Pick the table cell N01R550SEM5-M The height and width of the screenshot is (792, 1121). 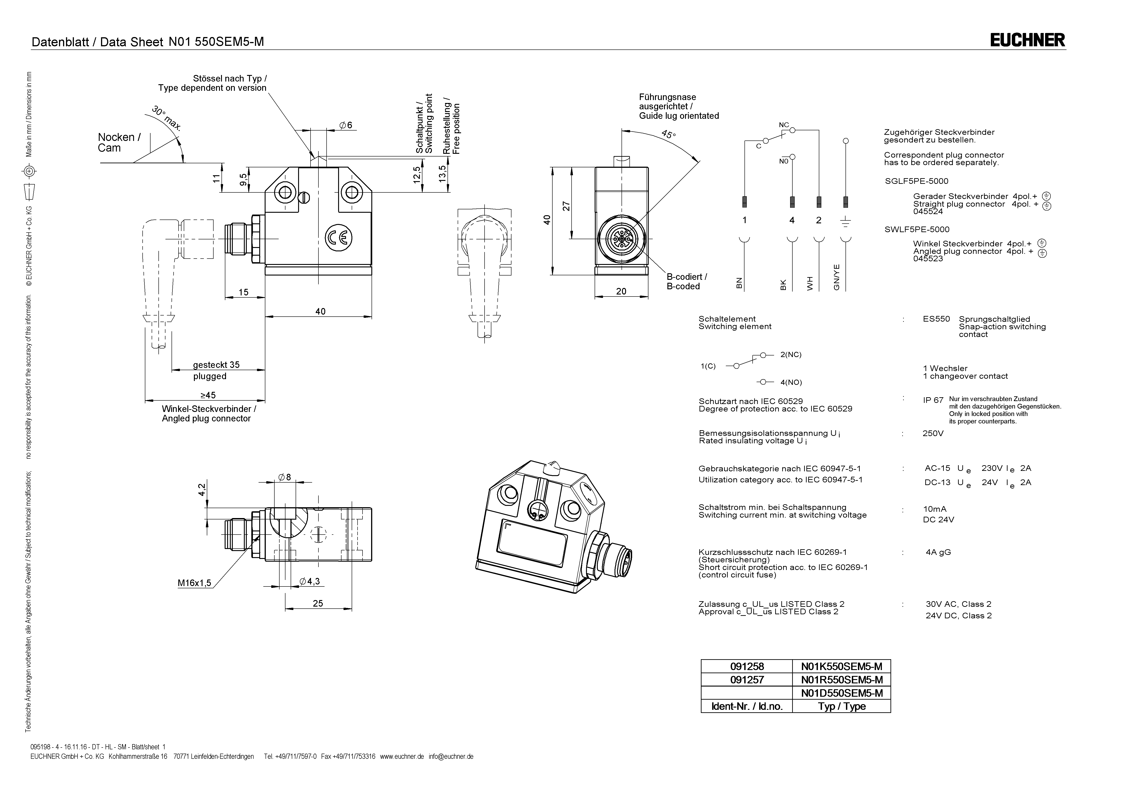[x=842, y=680]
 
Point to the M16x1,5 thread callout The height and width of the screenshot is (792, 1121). [x=194, y=583]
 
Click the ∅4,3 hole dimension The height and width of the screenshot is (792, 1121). [x=310, y=581]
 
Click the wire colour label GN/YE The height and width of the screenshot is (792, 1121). [x=836, y=277]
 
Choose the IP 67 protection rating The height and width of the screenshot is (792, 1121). [x=933, y=400]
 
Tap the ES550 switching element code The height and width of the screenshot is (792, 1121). [x=936, y=319]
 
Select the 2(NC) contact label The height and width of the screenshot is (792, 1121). [x=791, y=355]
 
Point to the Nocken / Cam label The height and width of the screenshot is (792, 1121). [x=119, y=143]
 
